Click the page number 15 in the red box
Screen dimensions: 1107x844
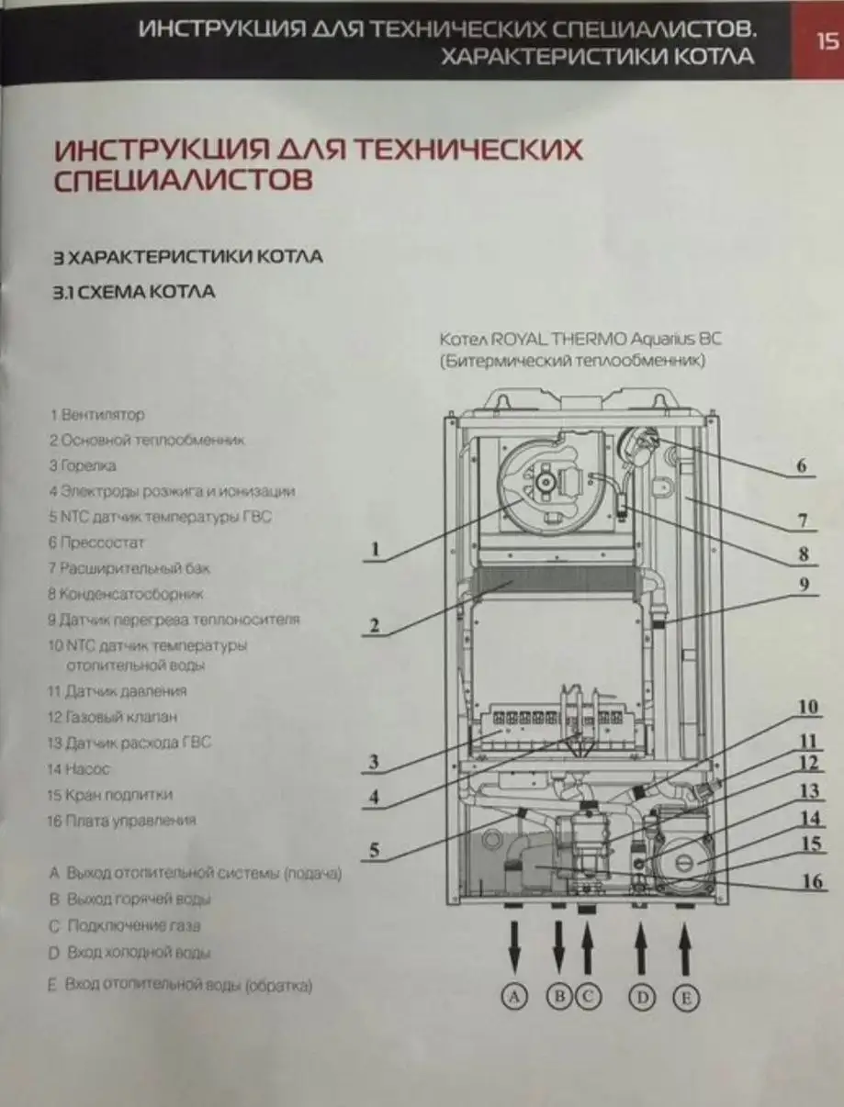(x=825, y=39)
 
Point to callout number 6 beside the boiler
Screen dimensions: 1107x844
(x=801, y=466)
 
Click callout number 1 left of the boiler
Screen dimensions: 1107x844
(x=373, y=550)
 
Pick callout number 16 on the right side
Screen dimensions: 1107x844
(x=812, y=881)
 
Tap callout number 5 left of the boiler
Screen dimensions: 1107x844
(x=374, y=850)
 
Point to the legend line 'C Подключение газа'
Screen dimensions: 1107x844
(x=125, y=926)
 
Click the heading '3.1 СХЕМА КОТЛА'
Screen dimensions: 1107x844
(x=134, y=293)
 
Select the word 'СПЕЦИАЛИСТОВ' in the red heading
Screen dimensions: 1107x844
(x=184, y=180)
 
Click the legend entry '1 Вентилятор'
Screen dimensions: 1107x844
(x=97, y=415)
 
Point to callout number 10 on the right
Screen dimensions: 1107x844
(x=806, y=707)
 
